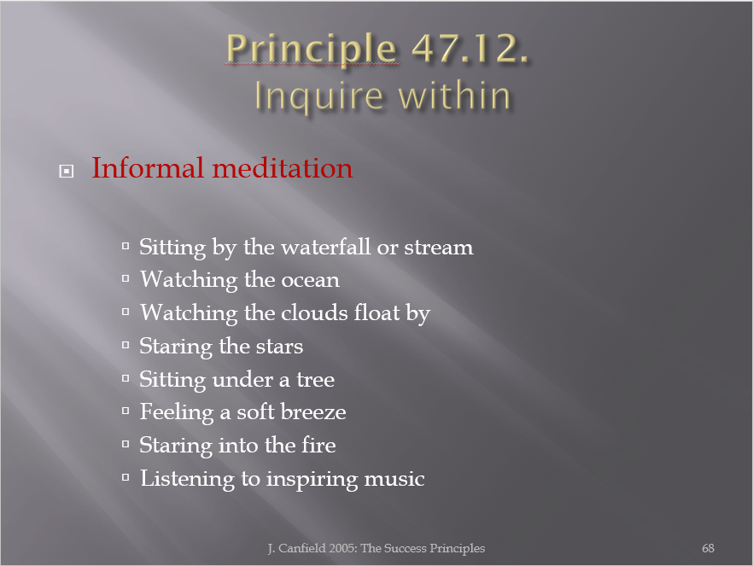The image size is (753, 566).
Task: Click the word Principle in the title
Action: [x=311, y=50]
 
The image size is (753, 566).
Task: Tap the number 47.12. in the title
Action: [x=470, y=48]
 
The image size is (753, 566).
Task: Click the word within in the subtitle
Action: [x=454, y=95]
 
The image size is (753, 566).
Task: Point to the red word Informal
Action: [x=148, y=167]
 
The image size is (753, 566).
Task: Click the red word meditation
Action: [x=283, y=168]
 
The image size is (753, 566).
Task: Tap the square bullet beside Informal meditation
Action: [x=67, y=171]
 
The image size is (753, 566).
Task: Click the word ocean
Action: [x=310, y=280]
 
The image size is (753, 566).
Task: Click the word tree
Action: [x=315, y=380]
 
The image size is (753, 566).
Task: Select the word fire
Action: [x=318, y=445]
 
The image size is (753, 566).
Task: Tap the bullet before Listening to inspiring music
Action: [x=125, y=477]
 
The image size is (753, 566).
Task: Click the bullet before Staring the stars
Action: [x=125, y=345]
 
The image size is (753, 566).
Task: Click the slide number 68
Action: [x=708, y=548]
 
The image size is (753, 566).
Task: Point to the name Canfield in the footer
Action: [x=302, y=548]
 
